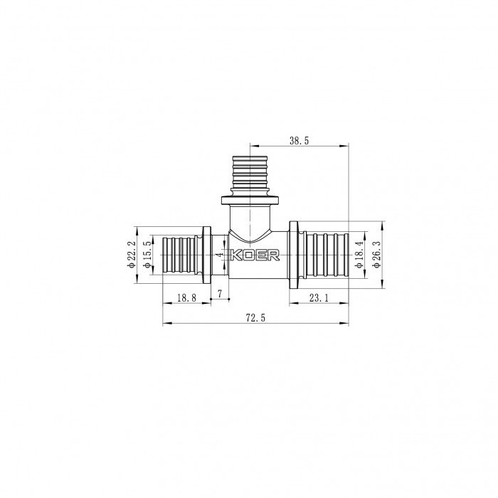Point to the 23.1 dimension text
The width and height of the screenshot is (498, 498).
pyautogui.click(x=318, y=298)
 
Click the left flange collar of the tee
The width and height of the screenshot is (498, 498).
pyautogui.click(x=208, y=254)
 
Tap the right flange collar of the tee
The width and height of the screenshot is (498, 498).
pyautogui.click(x=293, y=254)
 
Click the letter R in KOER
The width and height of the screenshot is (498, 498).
pyautogui.click(x=273, y=254)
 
